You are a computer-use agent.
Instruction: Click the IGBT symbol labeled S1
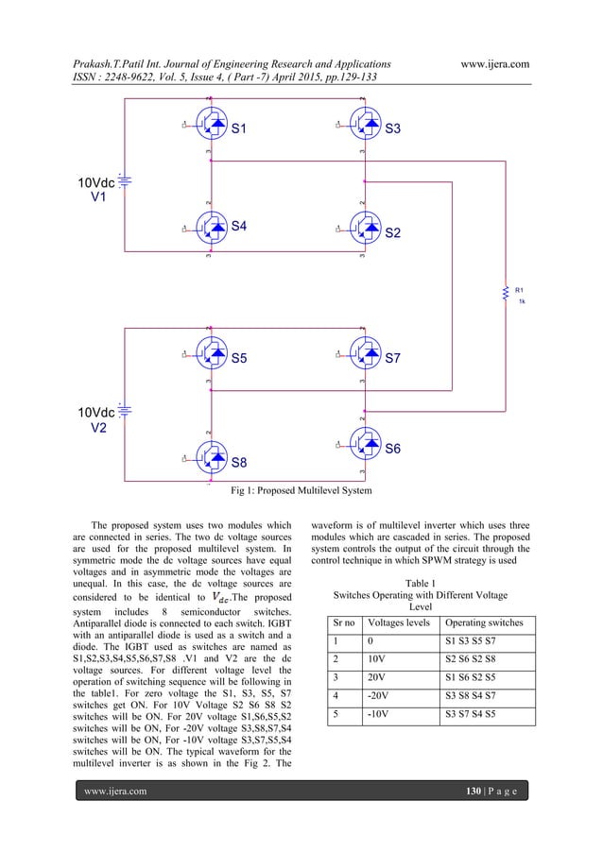[x=212, y=125]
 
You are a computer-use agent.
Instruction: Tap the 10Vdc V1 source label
[x=97, y=190]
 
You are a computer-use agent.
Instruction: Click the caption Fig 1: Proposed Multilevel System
[x=301, y=490]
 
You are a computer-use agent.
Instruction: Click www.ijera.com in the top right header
[x=491, y=64]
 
